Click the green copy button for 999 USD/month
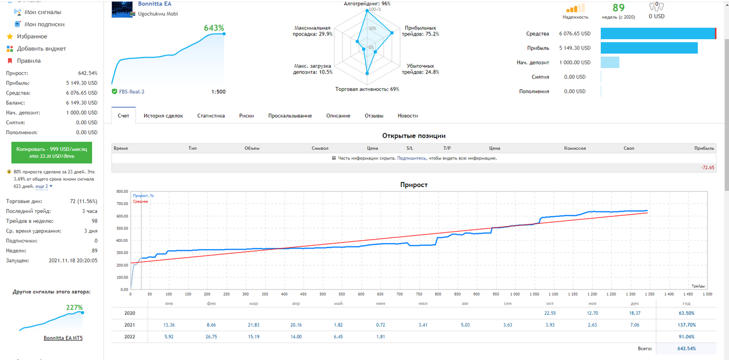click(52, 153)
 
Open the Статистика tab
click(211, 116)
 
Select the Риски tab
click(246, 116)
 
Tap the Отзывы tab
click(374, 116)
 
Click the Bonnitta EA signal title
click(155, 4)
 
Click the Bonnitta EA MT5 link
click(63, 338)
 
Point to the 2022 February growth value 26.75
click(211, 337)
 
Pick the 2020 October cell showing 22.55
click(550, 313)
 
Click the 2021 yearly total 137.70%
click(687, 325)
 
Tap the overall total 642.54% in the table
click(687, 349)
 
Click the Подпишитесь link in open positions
click(411, 158)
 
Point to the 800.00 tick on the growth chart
click(122, 192)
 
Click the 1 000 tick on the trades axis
click(515, 294)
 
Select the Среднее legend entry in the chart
click(140, 202)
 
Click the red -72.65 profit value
click(708, 168)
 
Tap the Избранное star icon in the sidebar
click(10, 37)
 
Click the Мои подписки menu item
click(44, 24)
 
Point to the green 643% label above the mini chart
click(214, 28)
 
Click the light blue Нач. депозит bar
click(610, 63)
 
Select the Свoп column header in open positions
click(629, 149)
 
